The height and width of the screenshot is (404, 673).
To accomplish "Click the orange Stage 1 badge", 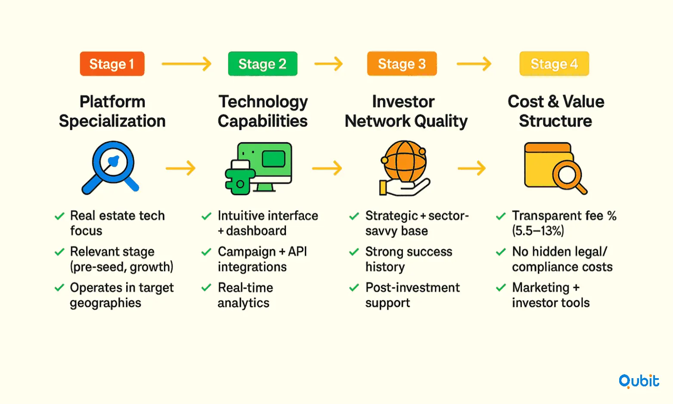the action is coord(112,64).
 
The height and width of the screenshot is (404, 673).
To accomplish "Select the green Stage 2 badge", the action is coord(263,64).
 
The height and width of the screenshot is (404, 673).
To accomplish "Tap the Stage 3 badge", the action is coord(402,64).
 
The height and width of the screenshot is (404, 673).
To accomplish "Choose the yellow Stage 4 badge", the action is coord(554,64).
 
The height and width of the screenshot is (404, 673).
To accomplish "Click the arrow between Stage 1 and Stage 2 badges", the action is coord(186,64).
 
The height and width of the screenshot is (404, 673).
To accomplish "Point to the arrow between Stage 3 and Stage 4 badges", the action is coord(474,64).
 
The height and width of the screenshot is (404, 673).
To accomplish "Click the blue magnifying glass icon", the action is coord(110,168).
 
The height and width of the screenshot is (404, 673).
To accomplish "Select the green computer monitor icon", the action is coord(259,168).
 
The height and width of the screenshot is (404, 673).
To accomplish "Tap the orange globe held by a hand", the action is coord(404,168).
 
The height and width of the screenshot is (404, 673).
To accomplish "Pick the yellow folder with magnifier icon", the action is coord(555,168).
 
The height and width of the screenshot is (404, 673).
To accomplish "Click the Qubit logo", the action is coord(639,381).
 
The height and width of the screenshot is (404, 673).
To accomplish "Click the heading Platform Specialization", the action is coord(112,111).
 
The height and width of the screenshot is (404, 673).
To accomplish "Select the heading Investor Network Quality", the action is coord(406,111).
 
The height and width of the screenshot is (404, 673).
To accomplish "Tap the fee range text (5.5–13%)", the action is coord(538,231).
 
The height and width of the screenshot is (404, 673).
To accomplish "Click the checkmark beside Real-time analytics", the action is coord(206,288).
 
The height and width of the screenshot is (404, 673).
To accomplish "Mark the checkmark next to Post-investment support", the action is coord(354,288).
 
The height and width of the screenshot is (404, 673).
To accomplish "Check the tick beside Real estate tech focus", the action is coord(59,216).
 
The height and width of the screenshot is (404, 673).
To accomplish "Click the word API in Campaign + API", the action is coord(298,252).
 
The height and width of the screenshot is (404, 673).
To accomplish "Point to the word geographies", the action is coord(105,303).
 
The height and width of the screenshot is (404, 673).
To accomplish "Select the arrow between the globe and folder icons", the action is coord(471,168).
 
